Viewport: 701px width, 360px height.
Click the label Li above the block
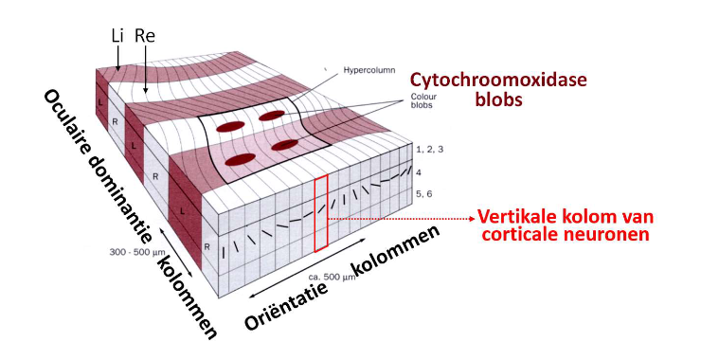point(117,35)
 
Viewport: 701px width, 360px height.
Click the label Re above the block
point(145,35)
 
